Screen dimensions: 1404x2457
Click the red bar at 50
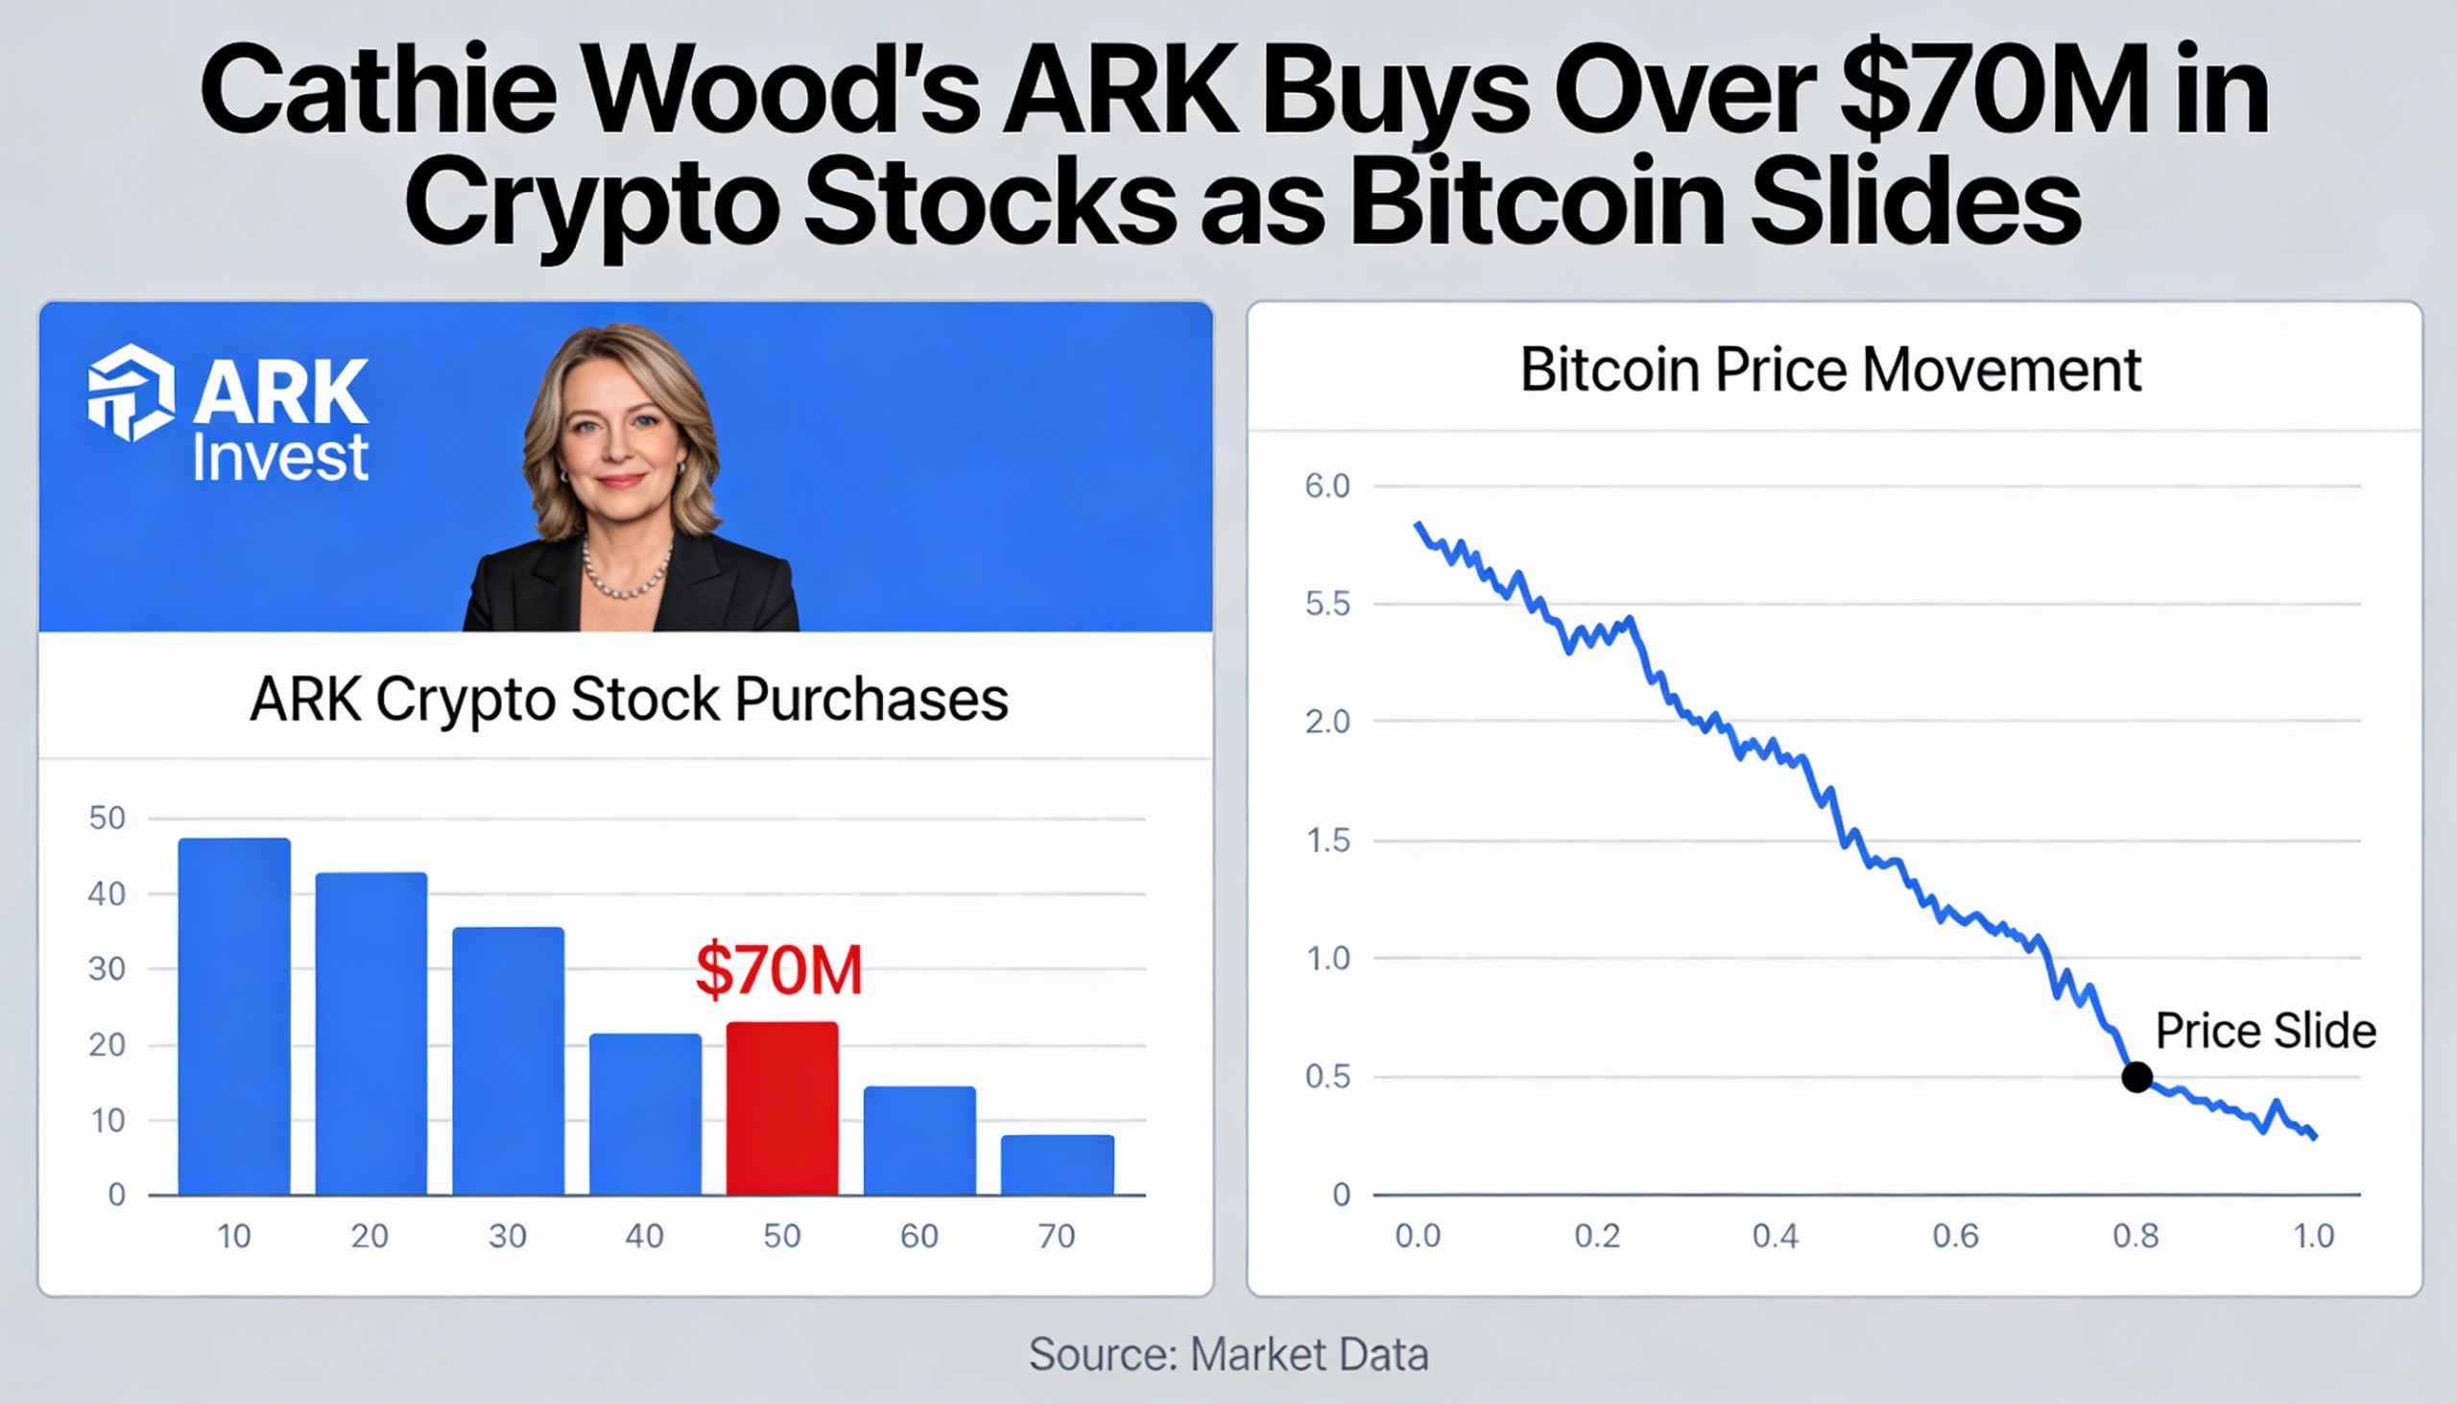click(x=781, y=1109)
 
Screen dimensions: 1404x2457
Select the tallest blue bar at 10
click(x=234, y=1017)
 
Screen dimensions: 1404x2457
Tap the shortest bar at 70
click(x=1057, y=1165)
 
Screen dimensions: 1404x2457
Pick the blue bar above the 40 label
click(x=645, y=1115)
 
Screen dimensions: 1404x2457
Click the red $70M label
click(x=778, y=971)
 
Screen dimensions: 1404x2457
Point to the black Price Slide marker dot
click(x=2136, y=1077)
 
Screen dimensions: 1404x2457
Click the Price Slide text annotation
click(x=2265, y=1031)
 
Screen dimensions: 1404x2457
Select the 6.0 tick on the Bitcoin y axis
click(x=1326, y=487)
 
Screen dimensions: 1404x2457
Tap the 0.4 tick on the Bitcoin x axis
click(x=1776, y=1236)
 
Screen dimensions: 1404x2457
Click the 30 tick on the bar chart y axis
click(x=107, y=969)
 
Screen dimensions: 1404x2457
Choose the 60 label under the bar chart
click(x=918, y=1236)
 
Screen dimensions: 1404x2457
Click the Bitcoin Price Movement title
click(x=1830, y=370)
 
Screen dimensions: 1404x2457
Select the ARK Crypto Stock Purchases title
click(x=629, y=699)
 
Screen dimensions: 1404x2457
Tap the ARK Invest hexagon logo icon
click(x=131, y=393)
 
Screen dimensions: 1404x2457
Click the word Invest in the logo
click(x=279, y=458)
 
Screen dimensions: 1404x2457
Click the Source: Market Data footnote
click(x=1228, y=1355)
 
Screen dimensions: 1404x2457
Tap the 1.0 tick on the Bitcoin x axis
click(x=2313, y=1236)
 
